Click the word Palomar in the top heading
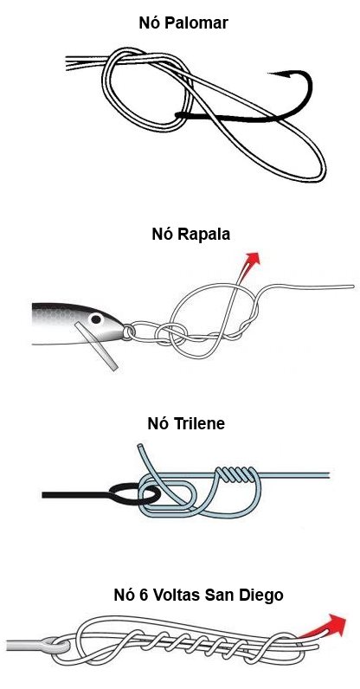tap(198, 23)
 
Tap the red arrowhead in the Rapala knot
tap(252, 259)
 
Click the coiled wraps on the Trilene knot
tap(235, 473)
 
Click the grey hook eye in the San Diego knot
tap(54, 645)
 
